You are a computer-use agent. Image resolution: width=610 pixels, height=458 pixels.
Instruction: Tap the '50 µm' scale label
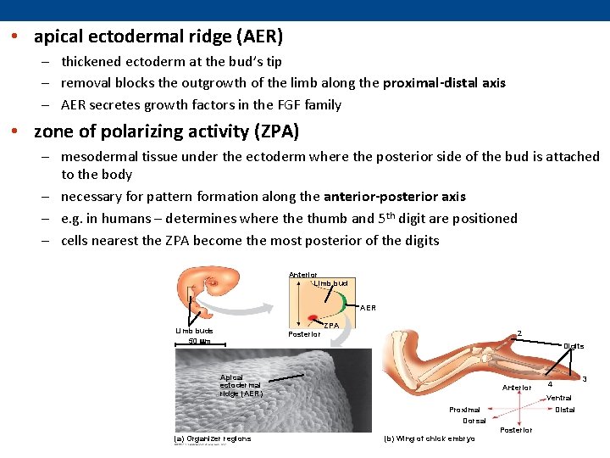(x=200, y=342)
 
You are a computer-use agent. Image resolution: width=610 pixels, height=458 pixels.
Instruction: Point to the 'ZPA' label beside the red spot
(x=332, y=326)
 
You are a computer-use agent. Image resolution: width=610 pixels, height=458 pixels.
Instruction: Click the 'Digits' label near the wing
(x=574, y=346)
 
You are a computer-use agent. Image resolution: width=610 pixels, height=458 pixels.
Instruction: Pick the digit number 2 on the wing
(x=519, y=332)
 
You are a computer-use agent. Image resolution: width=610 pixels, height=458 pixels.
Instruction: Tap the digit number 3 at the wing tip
(x=584, y=378)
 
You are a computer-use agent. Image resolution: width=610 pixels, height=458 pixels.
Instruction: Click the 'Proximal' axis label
(x=464, y=410)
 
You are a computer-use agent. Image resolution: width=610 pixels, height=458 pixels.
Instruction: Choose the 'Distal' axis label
(x=564, y=410)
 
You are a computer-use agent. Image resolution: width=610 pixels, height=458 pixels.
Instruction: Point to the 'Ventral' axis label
(x=559, y=398)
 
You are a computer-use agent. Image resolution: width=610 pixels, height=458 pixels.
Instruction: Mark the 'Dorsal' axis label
(x=474, y=421)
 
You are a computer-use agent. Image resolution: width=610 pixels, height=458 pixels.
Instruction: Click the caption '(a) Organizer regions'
(x=212, y=438)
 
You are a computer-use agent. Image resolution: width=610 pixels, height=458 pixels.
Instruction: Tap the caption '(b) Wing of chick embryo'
(x=430, y=438)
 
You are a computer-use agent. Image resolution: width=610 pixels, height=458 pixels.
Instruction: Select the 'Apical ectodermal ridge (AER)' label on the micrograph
(x=241, y=385)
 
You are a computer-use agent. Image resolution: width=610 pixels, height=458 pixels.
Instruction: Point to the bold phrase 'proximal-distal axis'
(x=444, y=83)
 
